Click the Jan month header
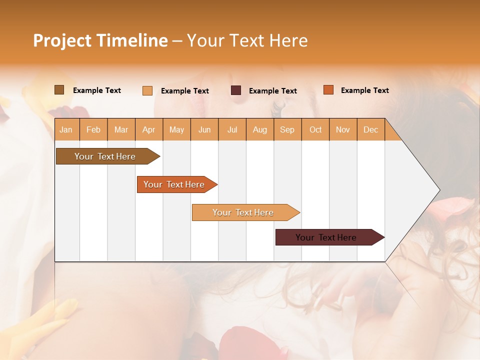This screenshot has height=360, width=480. [x=66, y=130]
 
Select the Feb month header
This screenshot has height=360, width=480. [x=93, y=130]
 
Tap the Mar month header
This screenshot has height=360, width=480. [x=121, y=130]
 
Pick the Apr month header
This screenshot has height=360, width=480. [x=149, y=130]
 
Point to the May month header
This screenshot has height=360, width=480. [x=176, y=130]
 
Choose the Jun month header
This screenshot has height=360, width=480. [x=204, y=130]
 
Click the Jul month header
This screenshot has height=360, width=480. [x=232, y=130]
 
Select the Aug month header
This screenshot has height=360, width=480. [x=260, y=130]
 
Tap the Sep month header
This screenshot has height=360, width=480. [x=287, y=130]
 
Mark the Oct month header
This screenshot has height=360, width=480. [x=315, y=130]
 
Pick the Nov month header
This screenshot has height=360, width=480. [x=343, y=130]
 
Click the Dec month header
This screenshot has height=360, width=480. [x=371, y=130]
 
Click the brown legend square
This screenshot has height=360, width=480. [x=59, y=90]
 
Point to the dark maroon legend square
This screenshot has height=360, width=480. [x=236, y=90]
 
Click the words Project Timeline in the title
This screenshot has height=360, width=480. [x=100, y=40]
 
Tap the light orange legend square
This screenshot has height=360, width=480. [x=147, y=90]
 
